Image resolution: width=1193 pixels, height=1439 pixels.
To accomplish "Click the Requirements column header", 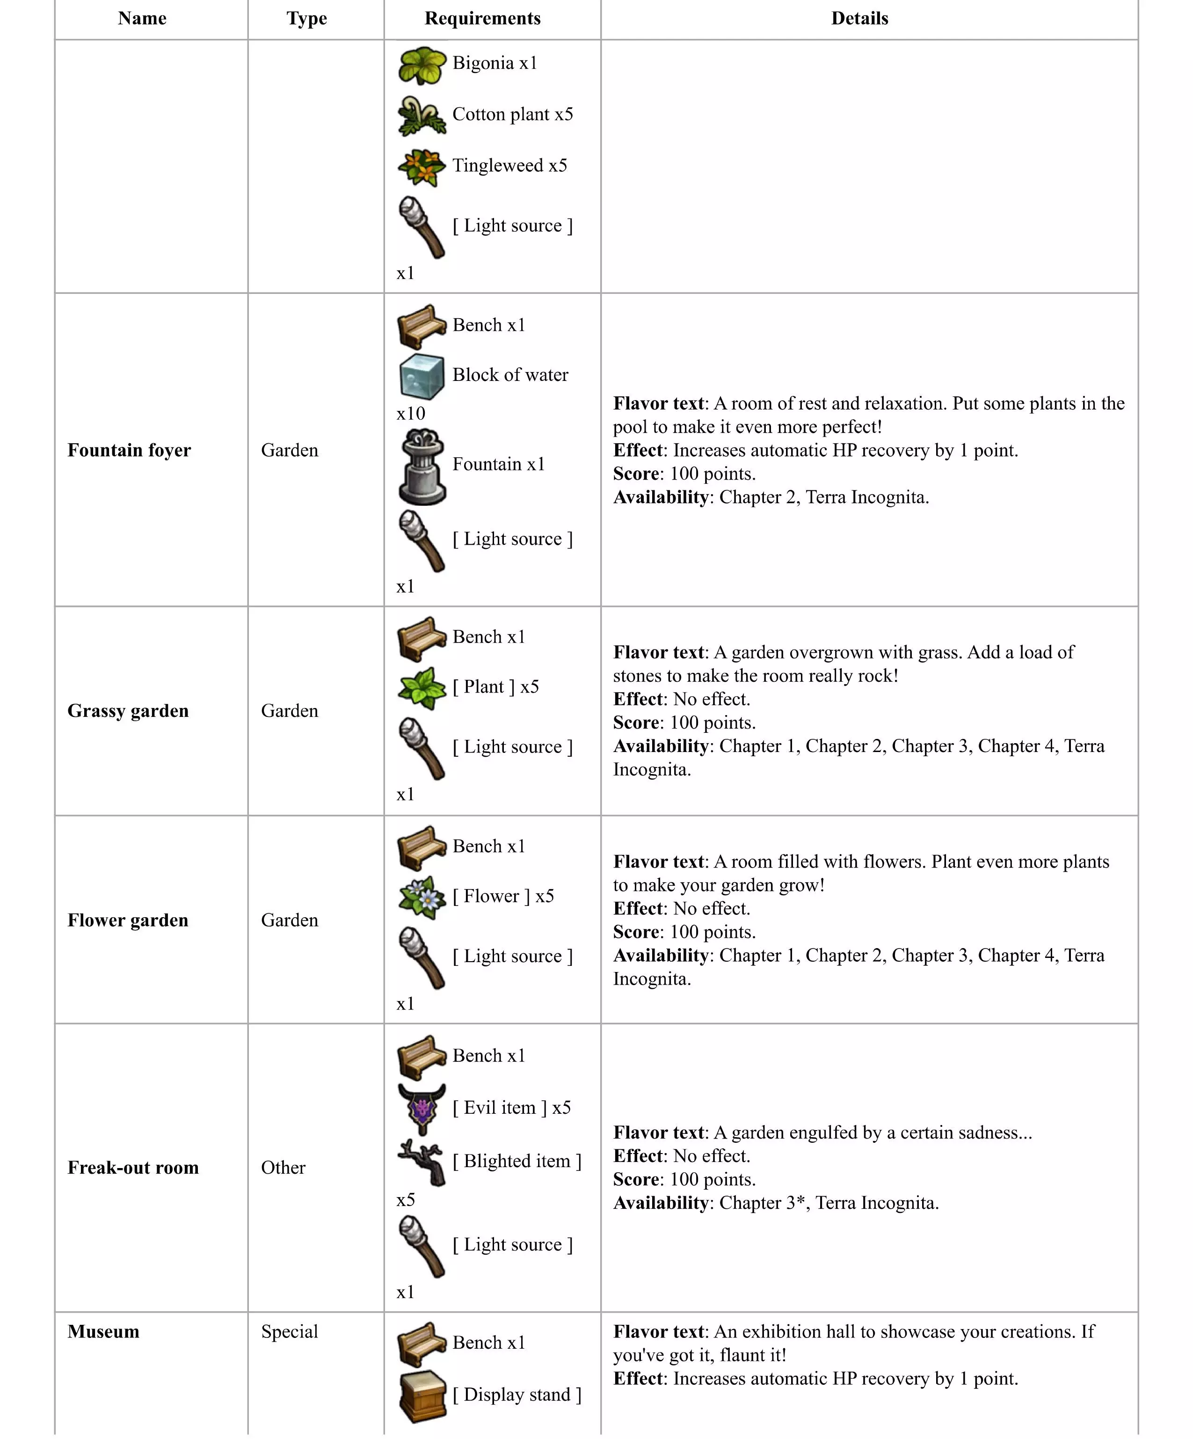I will click(482, 19).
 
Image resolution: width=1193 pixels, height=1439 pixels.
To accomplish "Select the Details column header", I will click(859, 19).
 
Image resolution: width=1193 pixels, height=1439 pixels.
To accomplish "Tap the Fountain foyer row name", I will click(129, 450).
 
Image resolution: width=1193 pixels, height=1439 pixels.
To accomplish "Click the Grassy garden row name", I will click(127, 710).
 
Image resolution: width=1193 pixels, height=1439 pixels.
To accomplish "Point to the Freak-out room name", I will click(133, 1167).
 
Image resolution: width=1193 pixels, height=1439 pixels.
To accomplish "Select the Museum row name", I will click(103, 1331).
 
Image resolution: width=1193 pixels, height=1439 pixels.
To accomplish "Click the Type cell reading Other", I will click(283, 1167).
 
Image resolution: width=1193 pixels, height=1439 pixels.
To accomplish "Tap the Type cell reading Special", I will click(289, 1331).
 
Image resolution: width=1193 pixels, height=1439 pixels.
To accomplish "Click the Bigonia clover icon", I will click(422, 65).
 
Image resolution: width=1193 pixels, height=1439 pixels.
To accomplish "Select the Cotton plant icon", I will click(422, 116).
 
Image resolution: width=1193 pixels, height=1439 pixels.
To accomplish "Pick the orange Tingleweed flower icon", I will click(422, 167).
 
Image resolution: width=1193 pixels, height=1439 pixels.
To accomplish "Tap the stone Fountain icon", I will click(422, 467).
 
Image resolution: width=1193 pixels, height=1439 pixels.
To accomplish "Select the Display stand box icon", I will click(422, 1396).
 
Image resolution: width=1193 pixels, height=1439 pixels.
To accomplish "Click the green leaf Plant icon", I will click(422, 688).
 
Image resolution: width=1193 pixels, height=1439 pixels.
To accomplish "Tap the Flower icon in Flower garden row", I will click(422, 897).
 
